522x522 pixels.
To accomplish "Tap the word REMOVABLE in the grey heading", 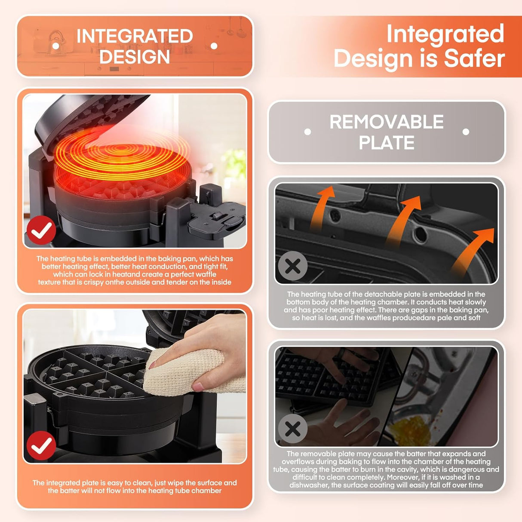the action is (x=387, y=122).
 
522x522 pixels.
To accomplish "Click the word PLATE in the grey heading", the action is (x=387, y=142).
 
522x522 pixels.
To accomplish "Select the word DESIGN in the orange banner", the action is (x=135, y=57).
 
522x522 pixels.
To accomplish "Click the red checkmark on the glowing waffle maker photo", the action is (x=41, y=230).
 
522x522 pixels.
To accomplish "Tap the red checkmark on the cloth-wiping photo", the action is (x=41, y=446).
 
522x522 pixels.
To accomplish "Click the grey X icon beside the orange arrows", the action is (x=293, y=266).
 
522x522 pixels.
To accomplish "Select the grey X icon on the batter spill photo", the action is (x=293, y=429).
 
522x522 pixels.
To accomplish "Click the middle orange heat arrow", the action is (x=401, y=219).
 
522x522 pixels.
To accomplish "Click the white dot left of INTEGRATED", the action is (x=56, y=46).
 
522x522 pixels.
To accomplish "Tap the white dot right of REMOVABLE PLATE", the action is (x=466, y=132).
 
